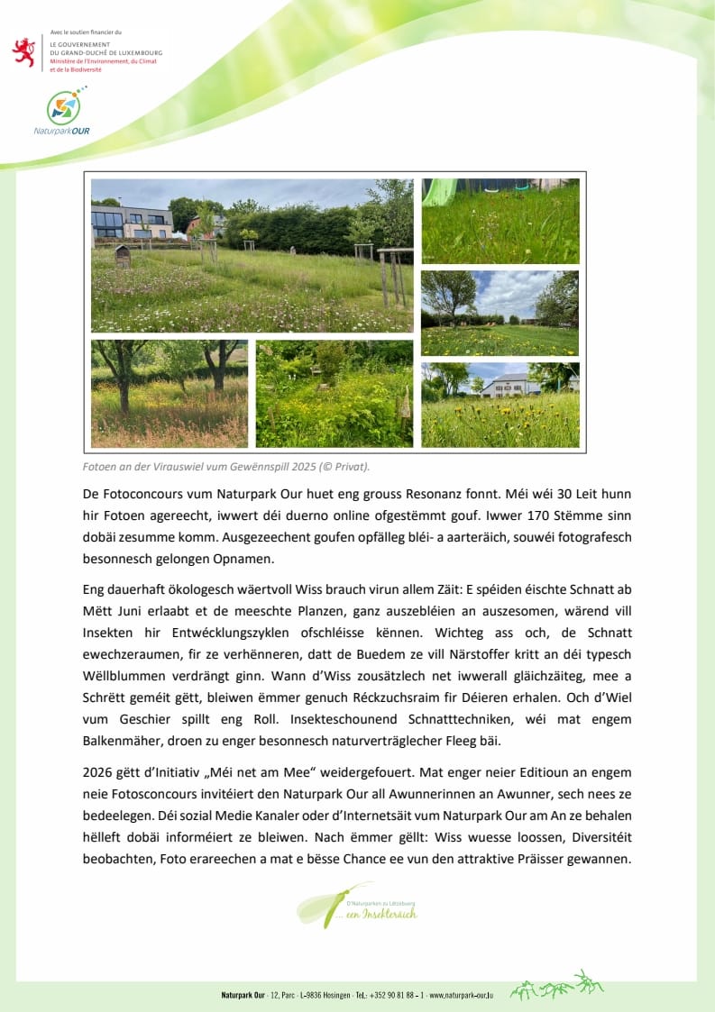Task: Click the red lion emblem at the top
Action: click(x=23, y=51)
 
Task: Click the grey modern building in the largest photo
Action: click(x=131, y=221)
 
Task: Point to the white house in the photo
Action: click(x=510, y=385)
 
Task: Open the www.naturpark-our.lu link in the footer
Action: click(x=461, y=995)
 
